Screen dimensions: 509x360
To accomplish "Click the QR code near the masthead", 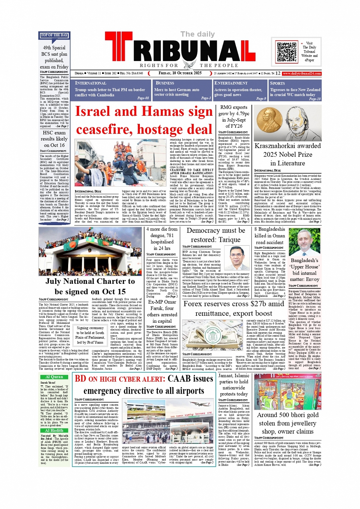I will click(x=287, y=52).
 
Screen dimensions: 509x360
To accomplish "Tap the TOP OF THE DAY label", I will click(x=54, y=35).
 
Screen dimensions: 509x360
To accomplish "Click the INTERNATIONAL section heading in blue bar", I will click(x=91, y=83).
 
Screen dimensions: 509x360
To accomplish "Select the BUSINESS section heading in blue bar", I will click(x=165, y=83).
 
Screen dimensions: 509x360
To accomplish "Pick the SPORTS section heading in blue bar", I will click(x=277, y=83).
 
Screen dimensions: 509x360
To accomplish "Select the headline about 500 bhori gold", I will click(x=288, y=423).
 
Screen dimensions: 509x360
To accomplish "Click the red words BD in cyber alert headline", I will click(x=80, y=378).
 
